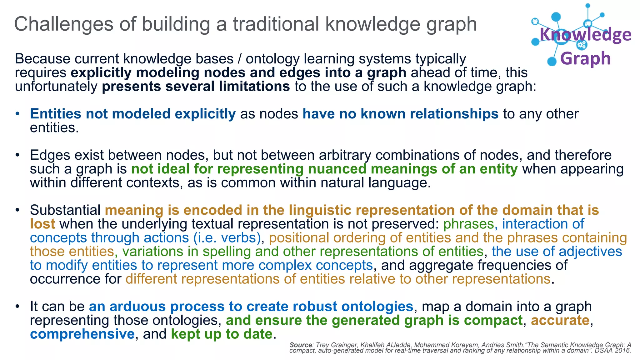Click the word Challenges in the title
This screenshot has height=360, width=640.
pos(64,24)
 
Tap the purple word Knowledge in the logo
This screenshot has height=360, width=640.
pos(585,35)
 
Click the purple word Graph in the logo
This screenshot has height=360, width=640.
pos(585,58)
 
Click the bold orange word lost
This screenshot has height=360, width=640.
pos(42,224)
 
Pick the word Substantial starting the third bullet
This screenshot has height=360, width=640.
pos(65,210)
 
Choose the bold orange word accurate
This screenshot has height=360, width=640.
pos(560,320)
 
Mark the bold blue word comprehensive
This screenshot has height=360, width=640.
pos(82,334)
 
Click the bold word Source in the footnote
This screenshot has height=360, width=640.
pos(301,345)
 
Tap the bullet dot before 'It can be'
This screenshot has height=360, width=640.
pos(18,307)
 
